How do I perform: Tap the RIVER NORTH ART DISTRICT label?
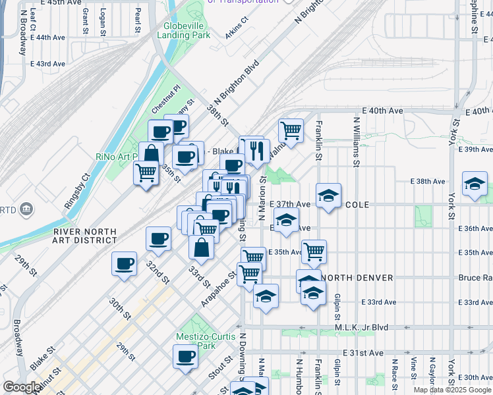point(85,236)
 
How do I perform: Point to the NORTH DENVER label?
point(357,277)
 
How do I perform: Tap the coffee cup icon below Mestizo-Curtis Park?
point(185,356)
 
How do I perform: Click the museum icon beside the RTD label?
point(26,210)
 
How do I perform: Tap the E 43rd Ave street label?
point(48,64)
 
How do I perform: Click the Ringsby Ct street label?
point(76,192)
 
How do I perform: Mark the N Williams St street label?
point(357,142)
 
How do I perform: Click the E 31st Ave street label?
point(358,353)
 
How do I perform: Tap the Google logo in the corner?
point(22,387)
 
